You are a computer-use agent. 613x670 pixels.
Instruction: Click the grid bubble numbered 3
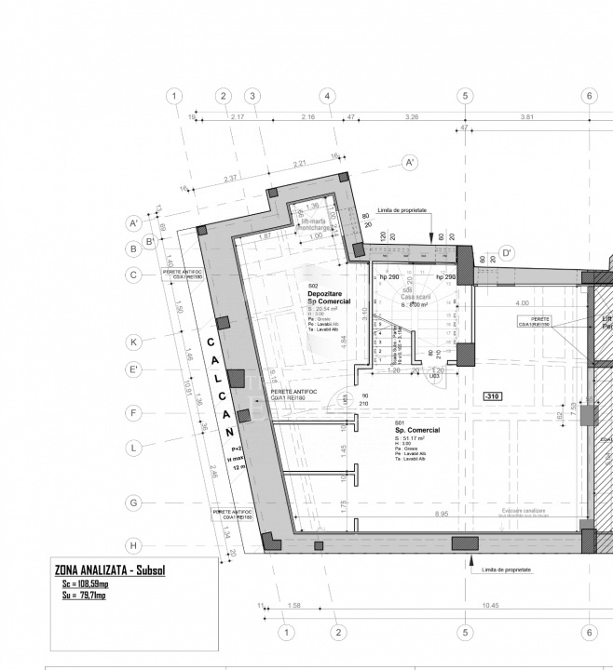pyautogui.click(x=252, y=97)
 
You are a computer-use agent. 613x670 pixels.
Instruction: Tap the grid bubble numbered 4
pyautogui.click(x=326, y=97)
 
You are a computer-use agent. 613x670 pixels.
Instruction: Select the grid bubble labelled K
pyautogui.click(x=134, y=342)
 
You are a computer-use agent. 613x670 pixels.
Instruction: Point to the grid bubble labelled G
pyautogui.click(x=134, y=502)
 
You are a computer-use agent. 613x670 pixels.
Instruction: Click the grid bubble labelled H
pyautogui.click(x=134, y=545)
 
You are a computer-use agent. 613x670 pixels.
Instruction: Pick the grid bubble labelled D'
pyautogui.click(x=507, y=252)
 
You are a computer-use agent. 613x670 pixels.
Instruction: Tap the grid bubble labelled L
pyautogui.click(x=134, y=448)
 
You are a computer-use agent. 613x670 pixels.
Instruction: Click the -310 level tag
pyautogui.click(x=493, y=397)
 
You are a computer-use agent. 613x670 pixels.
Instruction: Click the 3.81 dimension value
pyautogui.click(x=526, y=116)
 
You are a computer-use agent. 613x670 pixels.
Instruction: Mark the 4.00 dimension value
pyautogui.click(x=522, y=303)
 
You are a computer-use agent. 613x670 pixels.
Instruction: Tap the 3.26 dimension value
pyautogui.click(x=411, y=116)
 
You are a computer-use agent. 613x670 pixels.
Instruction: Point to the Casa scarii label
pyautogui.click(x=414, y=297)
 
